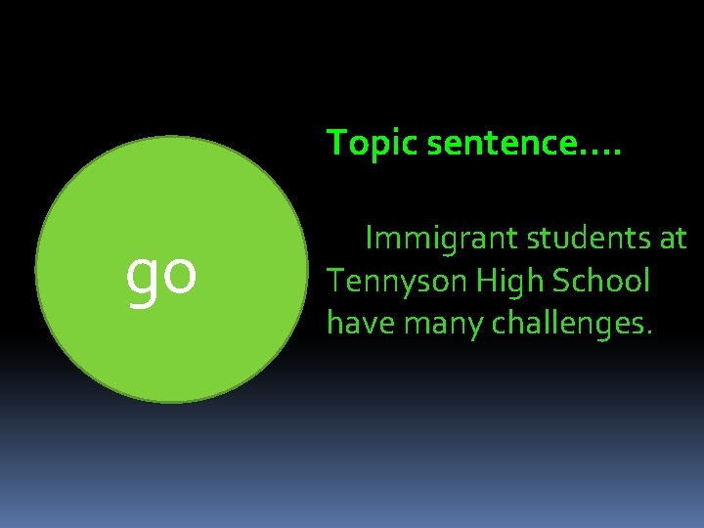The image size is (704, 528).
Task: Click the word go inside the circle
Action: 161,275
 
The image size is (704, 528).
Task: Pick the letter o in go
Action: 180,275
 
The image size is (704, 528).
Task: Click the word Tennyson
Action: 398,283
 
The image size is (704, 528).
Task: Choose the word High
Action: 510,283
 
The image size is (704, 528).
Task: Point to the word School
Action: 601,281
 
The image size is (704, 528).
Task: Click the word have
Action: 358,323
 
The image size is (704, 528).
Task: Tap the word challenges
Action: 565,324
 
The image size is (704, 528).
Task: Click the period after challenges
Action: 647,333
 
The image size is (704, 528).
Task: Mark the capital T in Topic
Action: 335,143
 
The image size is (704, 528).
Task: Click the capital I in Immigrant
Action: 369,239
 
